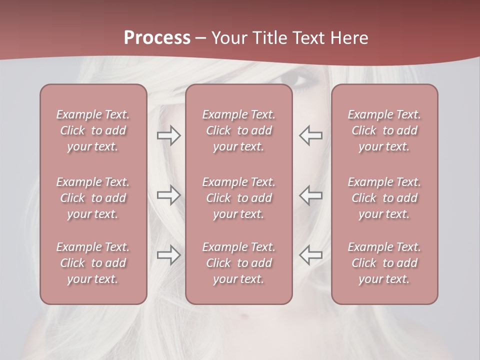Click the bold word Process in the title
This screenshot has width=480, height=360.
point(157,38)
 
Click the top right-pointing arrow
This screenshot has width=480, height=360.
point(168,135)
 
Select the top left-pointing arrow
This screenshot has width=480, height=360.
point(311,135)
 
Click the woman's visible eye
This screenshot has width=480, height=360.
point(298,80)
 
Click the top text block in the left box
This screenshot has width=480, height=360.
point(93,130)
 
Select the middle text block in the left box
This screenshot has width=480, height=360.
point(93,198)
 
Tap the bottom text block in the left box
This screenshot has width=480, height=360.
point(93,263)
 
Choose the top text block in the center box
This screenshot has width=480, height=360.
point(238,130)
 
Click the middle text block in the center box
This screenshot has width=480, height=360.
point(238,198)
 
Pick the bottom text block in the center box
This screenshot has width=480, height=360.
point(238,263)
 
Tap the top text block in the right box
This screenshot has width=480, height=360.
point(384,130)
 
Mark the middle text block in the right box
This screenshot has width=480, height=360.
point(384,198)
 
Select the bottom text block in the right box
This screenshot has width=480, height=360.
point(384,263)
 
